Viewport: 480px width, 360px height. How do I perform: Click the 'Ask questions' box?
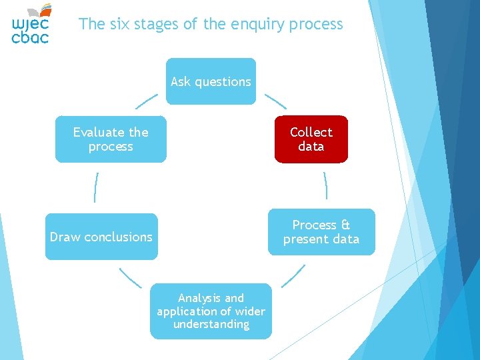211,81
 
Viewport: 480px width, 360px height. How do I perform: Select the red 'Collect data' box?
311,139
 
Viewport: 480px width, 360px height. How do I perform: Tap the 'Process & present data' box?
321,232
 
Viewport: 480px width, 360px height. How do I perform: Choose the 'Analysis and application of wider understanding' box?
211,311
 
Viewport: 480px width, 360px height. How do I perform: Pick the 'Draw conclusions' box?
101,237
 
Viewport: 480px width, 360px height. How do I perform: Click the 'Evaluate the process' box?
111,139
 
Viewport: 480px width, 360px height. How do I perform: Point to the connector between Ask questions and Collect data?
275,101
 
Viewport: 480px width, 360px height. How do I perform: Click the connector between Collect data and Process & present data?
325,185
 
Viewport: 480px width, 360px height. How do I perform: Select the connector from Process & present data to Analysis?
293,275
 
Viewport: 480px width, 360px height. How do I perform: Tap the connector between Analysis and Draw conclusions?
131,277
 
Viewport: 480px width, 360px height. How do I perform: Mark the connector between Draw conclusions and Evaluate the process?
97,187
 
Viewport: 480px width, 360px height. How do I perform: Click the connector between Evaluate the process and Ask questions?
147,101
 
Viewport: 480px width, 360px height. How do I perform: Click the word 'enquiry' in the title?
255,25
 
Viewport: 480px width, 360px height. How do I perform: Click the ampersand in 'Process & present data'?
345,225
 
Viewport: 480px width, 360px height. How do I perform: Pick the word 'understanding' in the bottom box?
211,325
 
